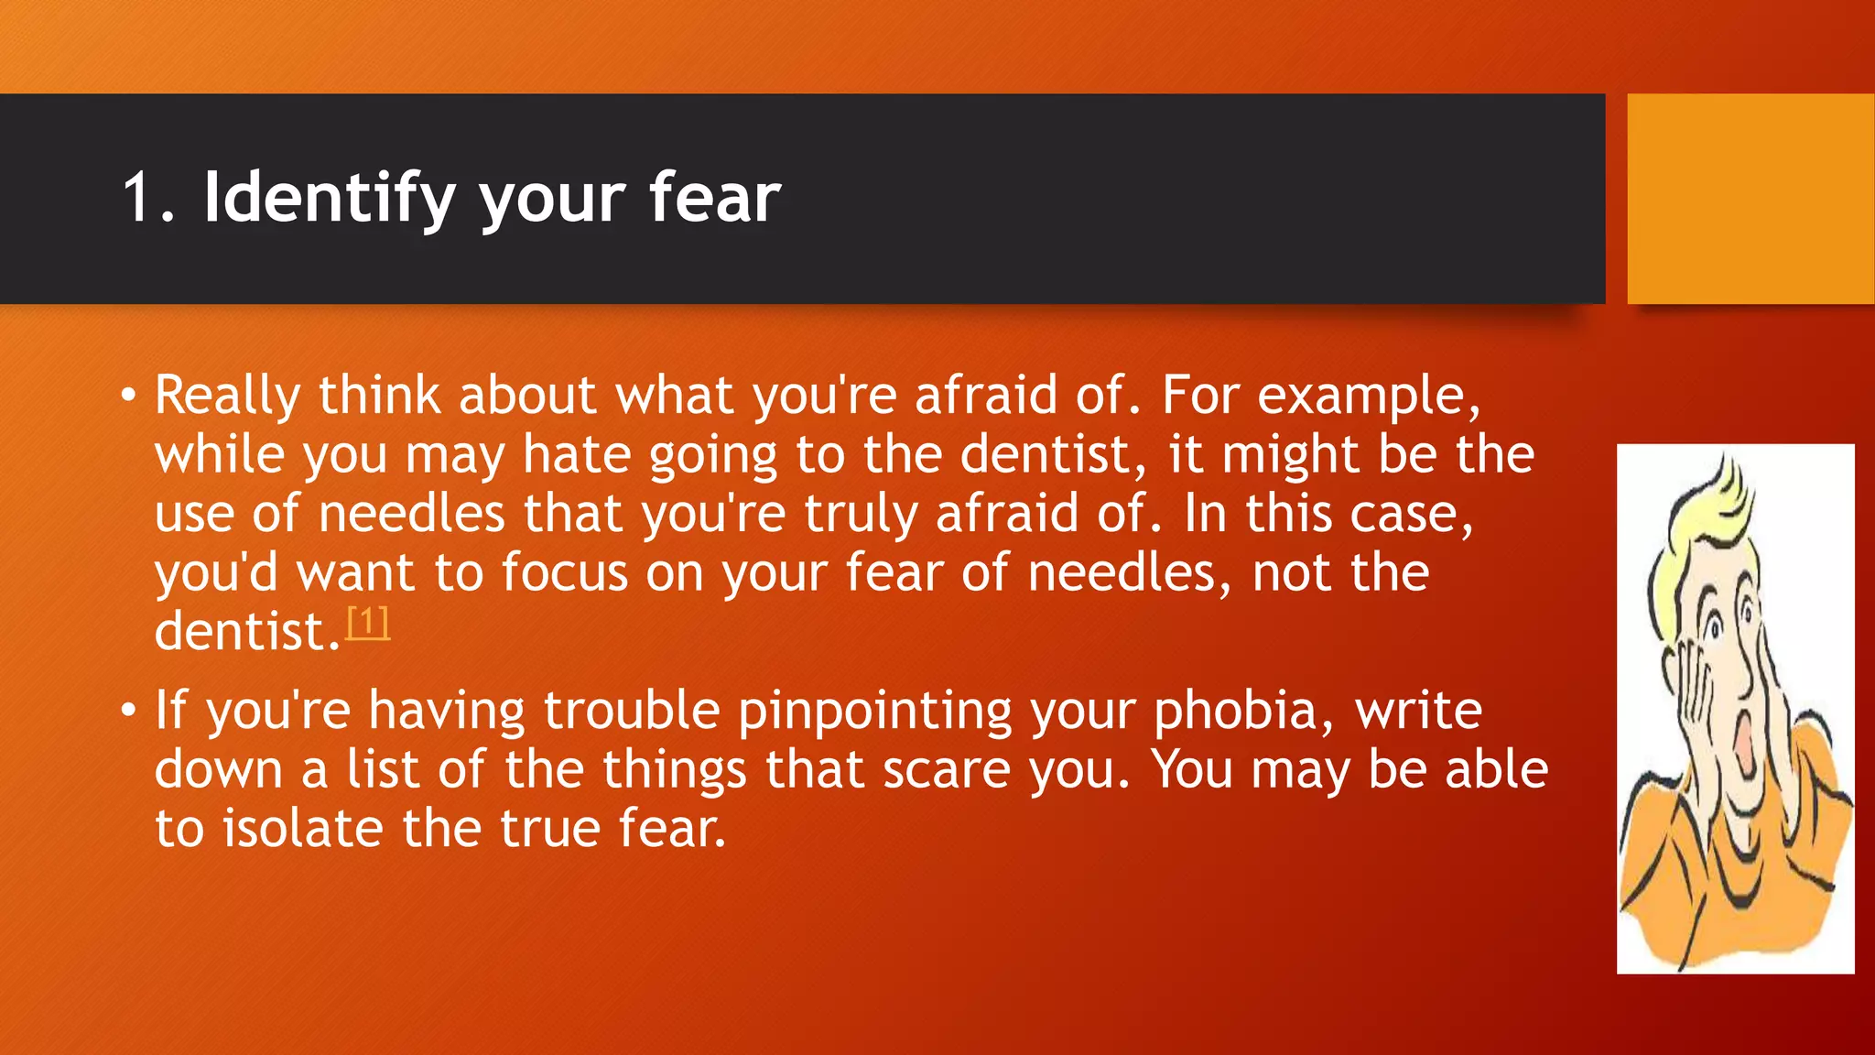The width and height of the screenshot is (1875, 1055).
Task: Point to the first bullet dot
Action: tap(128, 397)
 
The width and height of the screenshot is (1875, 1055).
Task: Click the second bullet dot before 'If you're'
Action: tap(128, 712)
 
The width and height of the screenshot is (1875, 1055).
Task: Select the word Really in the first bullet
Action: tap(227, 397)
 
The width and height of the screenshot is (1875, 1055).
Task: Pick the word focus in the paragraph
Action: tap(564, 573)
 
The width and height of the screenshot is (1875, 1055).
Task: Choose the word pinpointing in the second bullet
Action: tap(875, 712)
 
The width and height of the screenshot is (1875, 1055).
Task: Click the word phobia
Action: tap(1234, 712)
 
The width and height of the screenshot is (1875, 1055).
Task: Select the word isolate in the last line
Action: tap(303, 829)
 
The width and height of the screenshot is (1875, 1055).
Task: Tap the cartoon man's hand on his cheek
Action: tap(1694, 696)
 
